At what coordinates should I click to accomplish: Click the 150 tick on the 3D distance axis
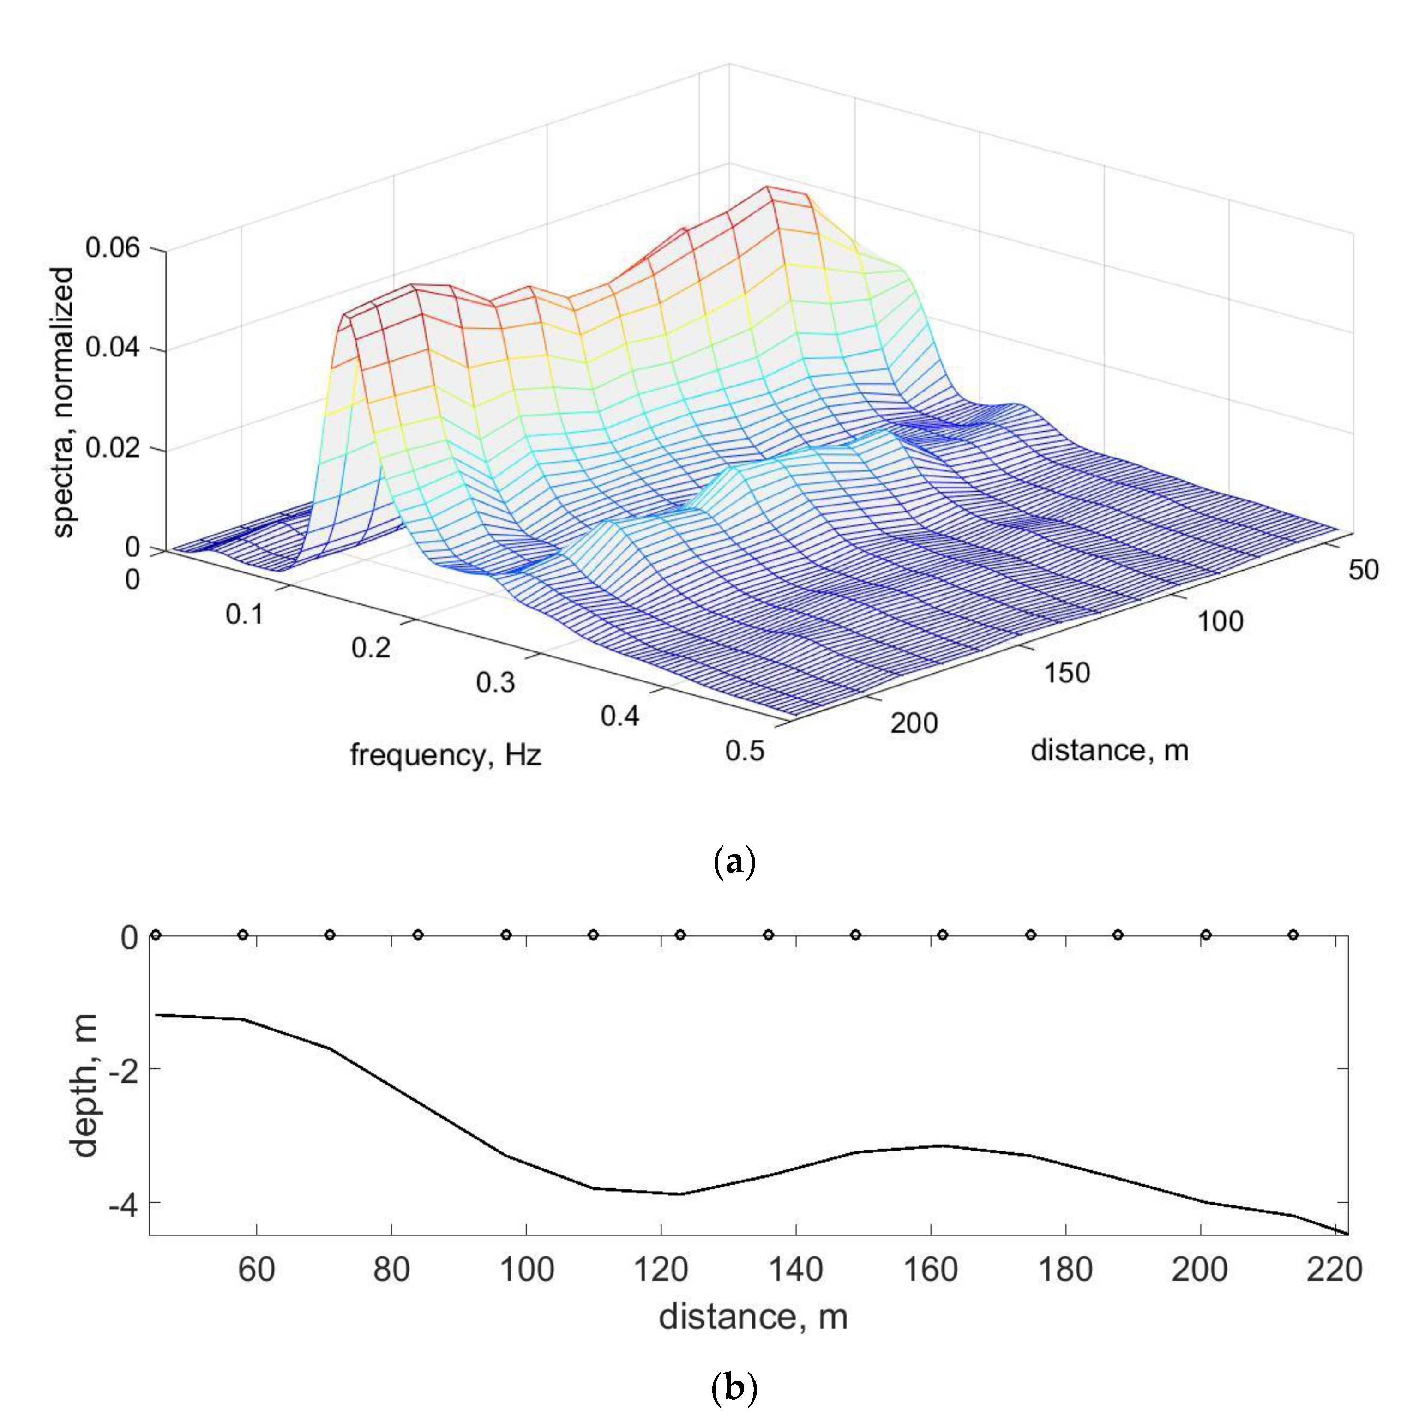tap(1066, 673)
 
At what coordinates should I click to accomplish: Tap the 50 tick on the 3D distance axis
tap(1363, 570)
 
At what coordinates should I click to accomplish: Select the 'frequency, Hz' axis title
tap(445, 755)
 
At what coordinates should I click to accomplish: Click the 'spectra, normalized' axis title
tap(65, 403)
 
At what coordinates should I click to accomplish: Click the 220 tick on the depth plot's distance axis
tap(1334, 1270)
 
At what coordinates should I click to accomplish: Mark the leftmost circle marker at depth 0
tap(155, 935)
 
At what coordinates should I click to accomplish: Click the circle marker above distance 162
tap(942, 935)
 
